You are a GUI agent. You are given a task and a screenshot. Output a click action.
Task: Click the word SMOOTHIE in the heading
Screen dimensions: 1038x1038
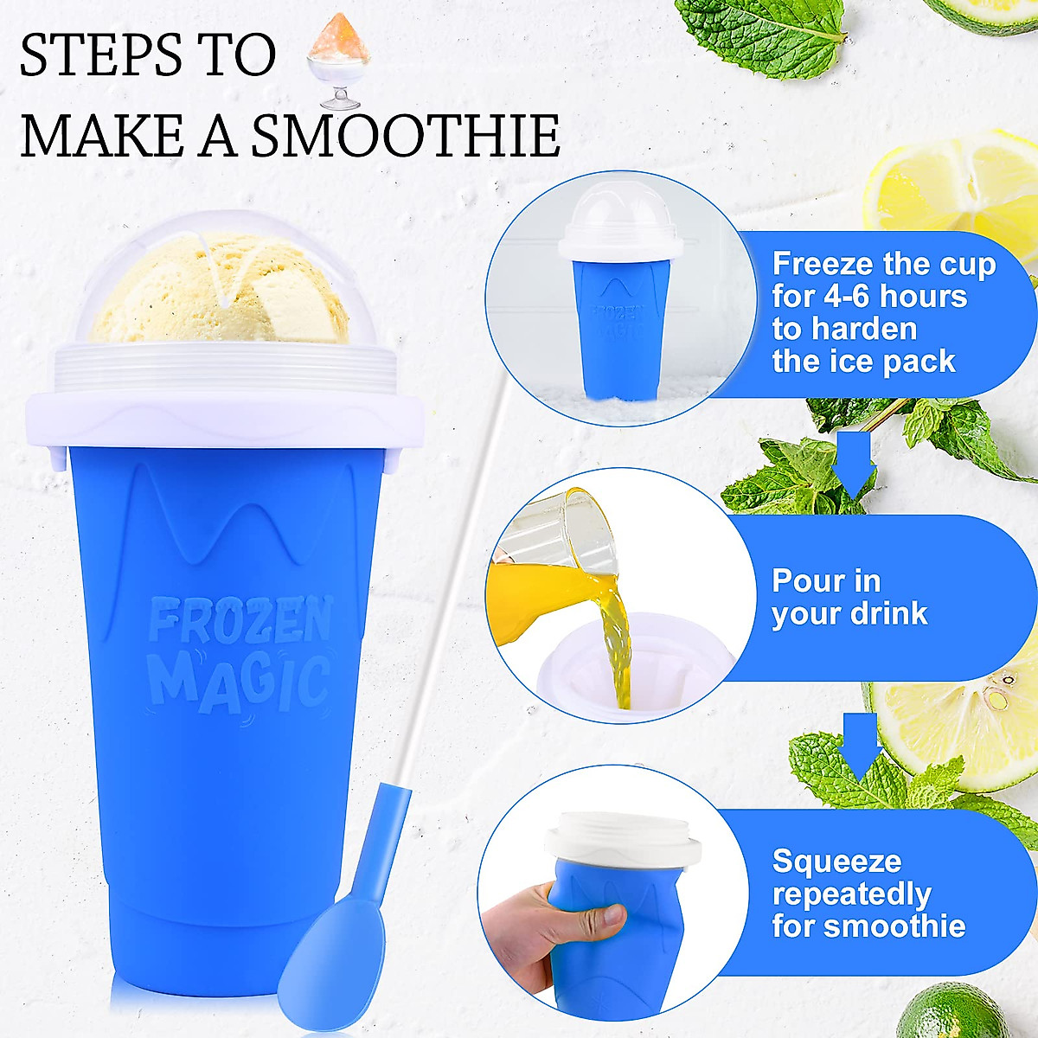pos(407,137)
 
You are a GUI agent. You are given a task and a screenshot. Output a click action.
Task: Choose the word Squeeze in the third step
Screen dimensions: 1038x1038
pos(836,862)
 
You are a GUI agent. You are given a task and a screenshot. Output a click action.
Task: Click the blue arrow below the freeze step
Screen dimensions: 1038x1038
pos(854,458)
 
